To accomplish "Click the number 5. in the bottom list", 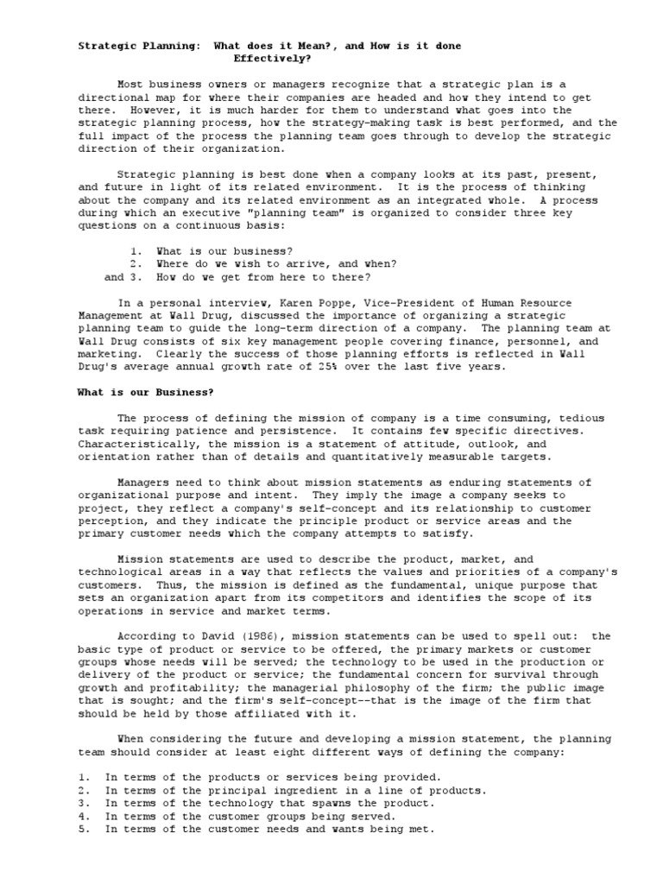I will [x=85, y=829].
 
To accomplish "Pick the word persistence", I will [x=293, y=430].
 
